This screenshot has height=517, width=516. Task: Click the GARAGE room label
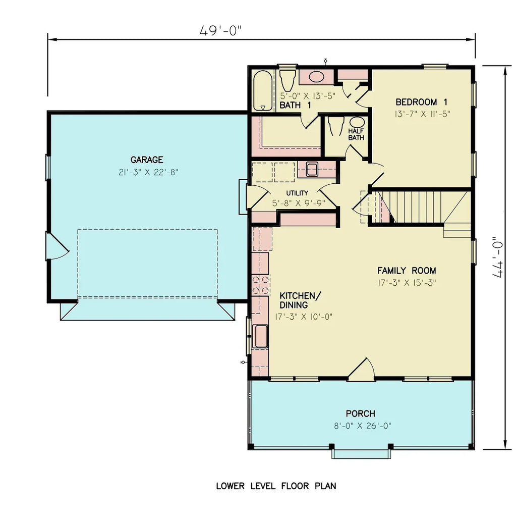(147, 160)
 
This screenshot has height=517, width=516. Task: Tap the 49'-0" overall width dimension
(220, 31)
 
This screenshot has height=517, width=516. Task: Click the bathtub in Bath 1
(262, 90)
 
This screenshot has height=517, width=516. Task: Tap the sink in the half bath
(357, 123)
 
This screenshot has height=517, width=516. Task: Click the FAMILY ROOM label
(407, 271)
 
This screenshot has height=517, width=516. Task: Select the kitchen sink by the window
(261, 336)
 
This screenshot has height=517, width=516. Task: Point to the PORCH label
(360, 413)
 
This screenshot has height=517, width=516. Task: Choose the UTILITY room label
(297, 193)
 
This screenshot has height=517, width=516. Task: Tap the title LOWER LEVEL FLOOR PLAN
(276, 486)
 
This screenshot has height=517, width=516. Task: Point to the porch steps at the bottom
(361, 453)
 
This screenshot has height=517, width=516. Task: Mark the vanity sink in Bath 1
(316, 77)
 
